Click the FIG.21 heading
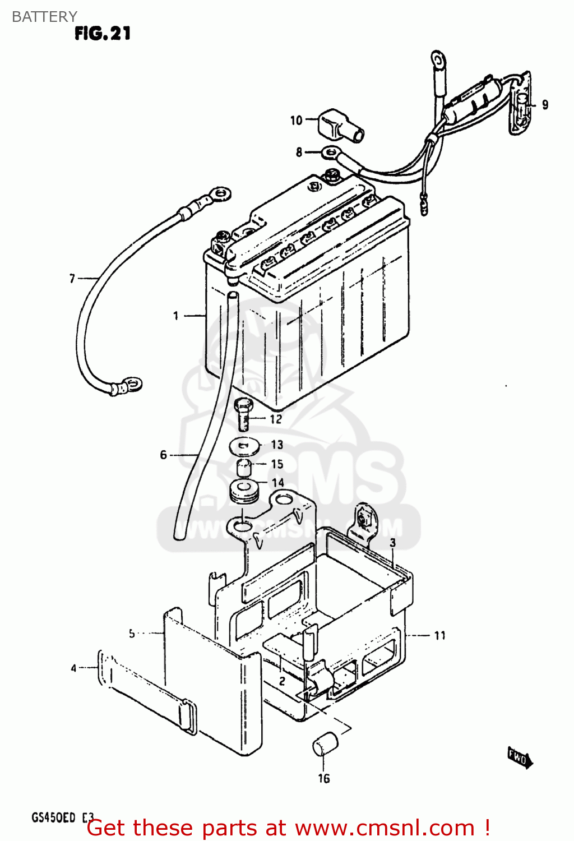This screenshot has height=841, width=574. point(103,34)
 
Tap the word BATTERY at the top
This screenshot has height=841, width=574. point(44,16)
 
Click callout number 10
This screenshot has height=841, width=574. point(296,120)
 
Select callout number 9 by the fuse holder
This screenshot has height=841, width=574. point(545,105)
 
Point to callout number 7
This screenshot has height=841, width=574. point(72,278)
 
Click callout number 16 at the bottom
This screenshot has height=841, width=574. point(324,778)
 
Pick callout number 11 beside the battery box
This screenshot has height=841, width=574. point(440,635)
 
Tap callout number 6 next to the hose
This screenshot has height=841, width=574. point(163,455)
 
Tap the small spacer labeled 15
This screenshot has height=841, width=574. point(243,466)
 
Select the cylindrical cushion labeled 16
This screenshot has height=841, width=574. point(325,744)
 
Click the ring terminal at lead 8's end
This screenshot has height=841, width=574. point(331,151)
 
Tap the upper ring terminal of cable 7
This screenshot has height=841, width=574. point(219,193)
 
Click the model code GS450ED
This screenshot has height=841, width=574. point(53,817)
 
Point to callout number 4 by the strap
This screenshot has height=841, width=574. point(73,668)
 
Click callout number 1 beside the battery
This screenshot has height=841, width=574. point(175,316)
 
